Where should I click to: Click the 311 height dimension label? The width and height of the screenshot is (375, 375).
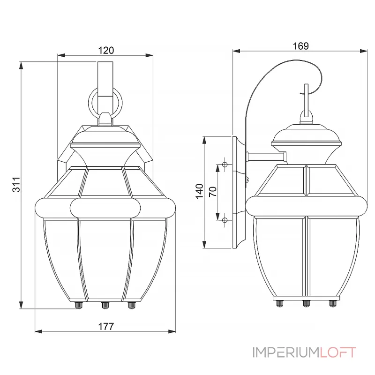[x=15, y=185]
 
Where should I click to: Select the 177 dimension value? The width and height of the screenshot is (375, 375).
[x=106, y=326]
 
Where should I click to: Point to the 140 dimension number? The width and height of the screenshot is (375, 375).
[x=199, y=191]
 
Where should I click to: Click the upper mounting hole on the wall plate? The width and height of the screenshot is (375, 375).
[x=225, y=165]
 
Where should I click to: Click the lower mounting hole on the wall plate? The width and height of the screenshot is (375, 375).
[x=225, y=220]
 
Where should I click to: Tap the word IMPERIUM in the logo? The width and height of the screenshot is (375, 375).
[x=285, y=352]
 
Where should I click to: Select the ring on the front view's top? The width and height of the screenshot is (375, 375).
[x=106, y=104]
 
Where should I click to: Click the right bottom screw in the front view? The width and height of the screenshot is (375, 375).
[x=132, y=305]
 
